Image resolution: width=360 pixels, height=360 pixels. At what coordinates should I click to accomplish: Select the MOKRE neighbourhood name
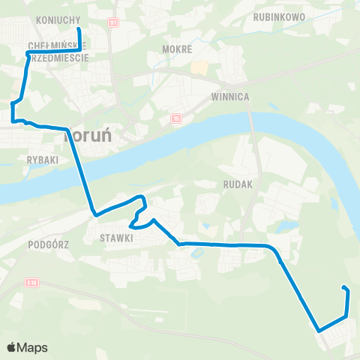178,49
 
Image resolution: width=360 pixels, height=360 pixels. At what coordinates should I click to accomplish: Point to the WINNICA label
229,97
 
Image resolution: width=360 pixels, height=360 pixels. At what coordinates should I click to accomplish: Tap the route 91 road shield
113,24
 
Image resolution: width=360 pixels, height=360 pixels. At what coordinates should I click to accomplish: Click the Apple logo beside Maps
12,347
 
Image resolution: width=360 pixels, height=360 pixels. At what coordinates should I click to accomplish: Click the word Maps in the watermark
32,347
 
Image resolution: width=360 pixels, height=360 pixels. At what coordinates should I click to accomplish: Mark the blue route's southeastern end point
343,288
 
